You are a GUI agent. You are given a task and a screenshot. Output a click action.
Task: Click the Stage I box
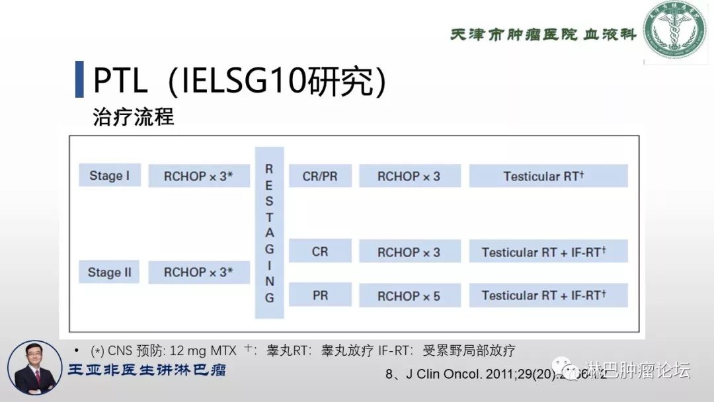click(109, 176)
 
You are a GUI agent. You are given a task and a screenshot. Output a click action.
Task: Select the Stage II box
click(109, 272)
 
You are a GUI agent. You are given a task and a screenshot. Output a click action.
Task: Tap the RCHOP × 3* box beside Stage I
click(198, 177)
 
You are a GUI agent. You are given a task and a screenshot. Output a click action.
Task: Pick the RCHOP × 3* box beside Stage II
click(198, 272)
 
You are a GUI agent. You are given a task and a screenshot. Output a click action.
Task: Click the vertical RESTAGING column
click(269, 233)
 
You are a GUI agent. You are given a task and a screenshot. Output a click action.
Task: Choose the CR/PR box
click(320, 177)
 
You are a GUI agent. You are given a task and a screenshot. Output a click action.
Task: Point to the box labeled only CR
click(320, 252)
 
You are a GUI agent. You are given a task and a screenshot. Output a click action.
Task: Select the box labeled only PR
click(320, 295)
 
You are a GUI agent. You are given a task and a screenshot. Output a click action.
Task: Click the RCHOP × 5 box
click(409, 296)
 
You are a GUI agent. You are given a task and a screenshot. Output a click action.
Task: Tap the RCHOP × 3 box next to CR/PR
click(409, 177)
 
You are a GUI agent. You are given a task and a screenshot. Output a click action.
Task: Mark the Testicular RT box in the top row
click(548, 177)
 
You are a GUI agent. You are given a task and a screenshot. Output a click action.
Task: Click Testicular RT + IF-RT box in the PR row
click(548, 295)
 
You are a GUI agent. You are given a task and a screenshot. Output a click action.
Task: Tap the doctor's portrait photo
click(34, 368)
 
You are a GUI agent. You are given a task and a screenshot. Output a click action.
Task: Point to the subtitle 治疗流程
click(134, 117)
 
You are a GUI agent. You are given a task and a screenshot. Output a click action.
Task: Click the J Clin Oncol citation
click(496, 374)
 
